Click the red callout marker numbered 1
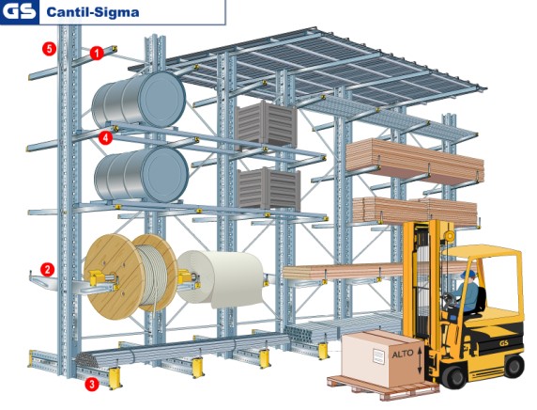click(97, 55)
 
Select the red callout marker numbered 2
click(47, 269)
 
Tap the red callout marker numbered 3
click(91, 384)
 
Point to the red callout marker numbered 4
click(105, 137)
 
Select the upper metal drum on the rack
click(141, 100)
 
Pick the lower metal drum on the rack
click(141, 173)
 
